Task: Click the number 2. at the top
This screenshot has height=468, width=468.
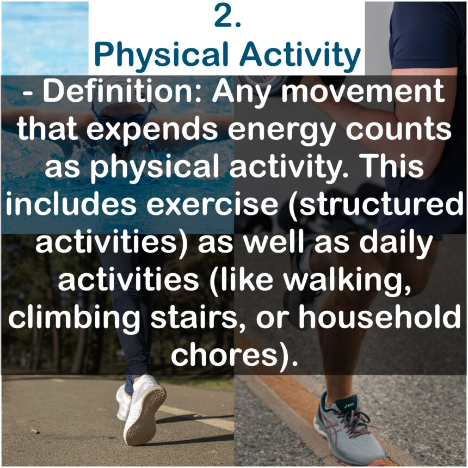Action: (227, 17)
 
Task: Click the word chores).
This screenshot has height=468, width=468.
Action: (235, 354)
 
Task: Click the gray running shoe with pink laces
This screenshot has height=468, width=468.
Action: (348, 430)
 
